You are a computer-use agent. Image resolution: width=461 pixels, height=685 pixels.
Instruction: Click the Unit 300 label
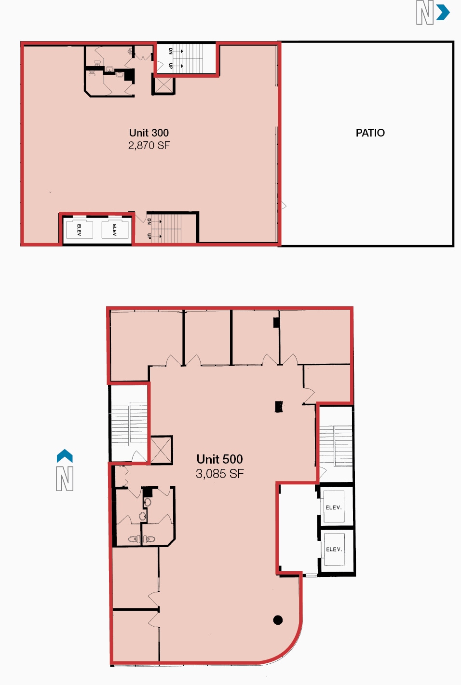click(x=149, y=133)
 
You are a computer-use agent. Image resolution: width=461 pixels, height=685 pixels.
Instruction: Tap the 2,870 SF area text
click(x=149, y=145)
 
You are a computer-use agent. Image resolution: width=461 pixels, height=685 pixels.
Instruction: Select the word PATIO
click(x=370, y=133)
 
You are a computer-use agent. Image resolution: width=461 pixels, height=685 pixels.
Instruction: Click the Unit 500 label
click(x=219, y=459)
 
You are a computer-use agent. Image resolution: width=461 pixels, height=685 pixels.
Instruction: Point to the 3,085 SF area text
click(x=219, y=474)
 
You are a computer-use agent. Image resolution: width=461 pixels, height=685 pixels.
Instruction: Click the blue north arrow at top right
click(x=443, y=13)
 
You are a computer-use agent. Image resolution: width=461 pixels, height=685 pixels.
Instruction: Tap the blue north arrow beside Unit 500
click(x=65, y=456)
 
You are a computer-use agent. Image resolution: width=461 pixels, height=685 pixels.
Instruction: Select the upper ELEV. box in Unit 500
click(x=334, y=507)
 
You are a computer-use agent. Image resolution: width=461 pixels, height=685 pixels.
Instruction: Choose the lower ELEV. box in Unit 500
click(x=334, y=549)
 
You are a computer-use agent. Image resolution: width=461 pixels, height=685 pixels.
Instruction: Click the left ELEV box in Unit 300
click(x=79, y=230)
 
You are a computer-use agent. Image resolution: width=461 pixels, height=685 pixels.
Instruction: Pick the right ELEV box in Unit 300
click(x=115, y=230)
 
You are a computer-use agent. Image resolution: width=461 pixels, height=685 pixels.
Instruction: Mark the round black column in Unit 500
click(x=278, y=620)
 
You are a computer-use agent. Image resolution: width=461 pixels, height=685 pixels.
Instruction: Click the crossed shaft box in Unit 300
click(x=163, y=85)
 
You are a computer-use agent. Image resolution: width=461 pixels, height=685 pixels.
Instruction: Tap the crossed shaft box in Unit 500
click(x=161, y=450)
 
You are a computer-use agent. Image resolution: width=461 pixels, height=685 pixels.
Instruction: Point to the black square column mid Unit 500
click(x=279, y=407)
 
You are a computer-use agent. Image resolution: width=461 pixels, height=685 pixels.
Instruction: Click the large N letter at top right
click(x=424, y=13)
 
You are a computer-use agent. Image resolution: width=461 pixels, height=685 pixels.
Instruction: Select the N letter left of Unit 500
click(x=65, y=479)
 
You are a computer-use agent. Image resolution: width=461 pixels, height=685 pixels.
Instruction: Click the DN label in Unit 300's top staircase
click(x=171, y=51)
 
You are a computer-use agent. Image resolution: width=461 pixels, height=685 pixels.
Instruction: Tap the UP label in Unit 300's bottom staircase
click(x=149, y=236)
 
